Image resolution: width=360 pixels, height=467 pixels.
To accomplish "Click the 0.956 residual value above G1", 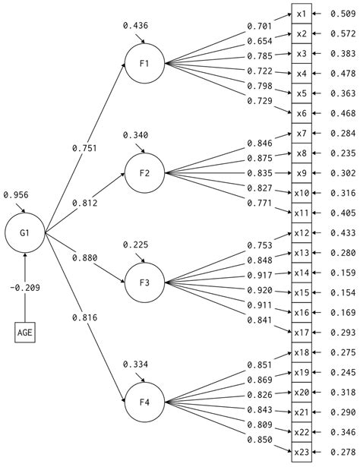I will (17, 195).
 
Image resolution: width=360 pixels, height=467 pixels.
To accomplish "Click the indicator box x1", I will (302, 14).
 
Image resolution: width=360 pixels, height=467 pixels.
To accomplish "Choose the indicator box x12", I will (302, 232).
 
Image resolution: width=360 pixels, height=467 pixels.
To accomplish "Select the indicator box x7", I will (302, 133).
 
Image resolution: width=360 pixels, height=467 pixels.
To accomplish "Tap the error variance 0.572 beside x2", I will (343, 34).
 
